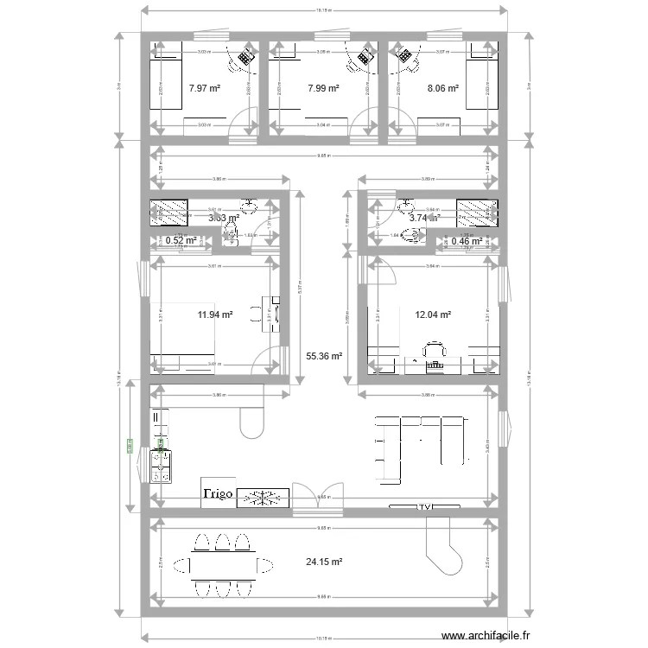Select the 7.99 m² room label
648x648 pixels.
coord(323,87)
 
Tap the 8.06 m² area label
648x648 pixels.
coord(442,87)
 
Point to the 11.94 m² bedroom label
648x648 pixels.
coord(215,315)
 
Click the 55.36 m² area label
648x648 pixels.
coord(325,355)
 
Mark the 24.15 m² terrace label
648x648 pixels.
coord(324,562)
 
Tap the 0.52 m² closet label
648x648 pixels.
coord(181,240)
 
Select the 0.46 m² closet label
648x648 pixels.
coord(467,240)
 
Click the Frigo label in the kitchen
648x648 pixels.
coord(219,494)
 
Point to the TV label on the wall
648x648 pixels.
coord(423,506)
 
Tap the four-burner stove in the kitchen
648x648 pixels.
coord(162,466)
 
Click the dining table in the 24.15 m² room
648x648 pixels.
coord(222,565)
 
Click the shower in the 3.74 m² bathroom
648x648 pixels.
coord(474,213)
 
